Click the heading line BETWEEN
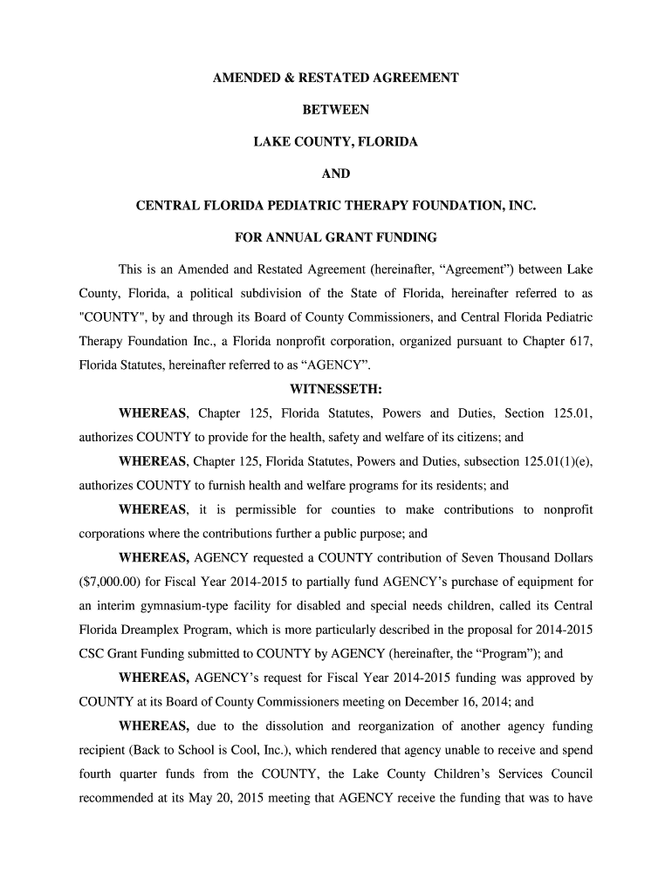coord(336,110)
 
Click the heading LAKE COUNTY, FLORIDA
coord(336,141)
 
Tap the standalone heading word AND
coord(336,174)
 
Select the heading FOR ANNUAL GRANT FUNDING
coord(336,237)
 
